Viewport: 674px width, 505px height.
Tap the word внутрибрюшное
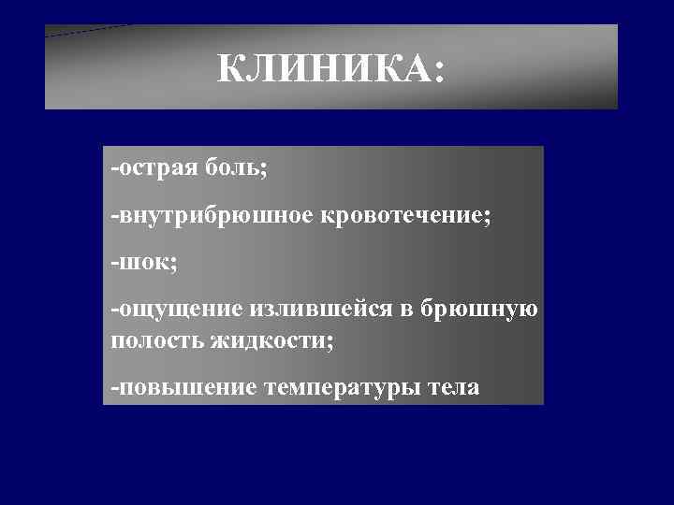coord(216,215)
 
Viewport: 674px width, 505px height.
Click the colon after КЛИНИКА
coord(439,73)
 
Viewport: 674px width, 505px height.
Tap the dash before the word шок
coord(114,263)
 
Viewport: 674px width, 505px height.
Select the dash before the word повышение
coord(114,387)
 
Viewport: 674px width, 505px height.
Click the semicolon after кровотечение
coord(486,218)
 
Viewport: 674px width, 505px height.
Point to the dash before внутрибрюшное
coord(114,217)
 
